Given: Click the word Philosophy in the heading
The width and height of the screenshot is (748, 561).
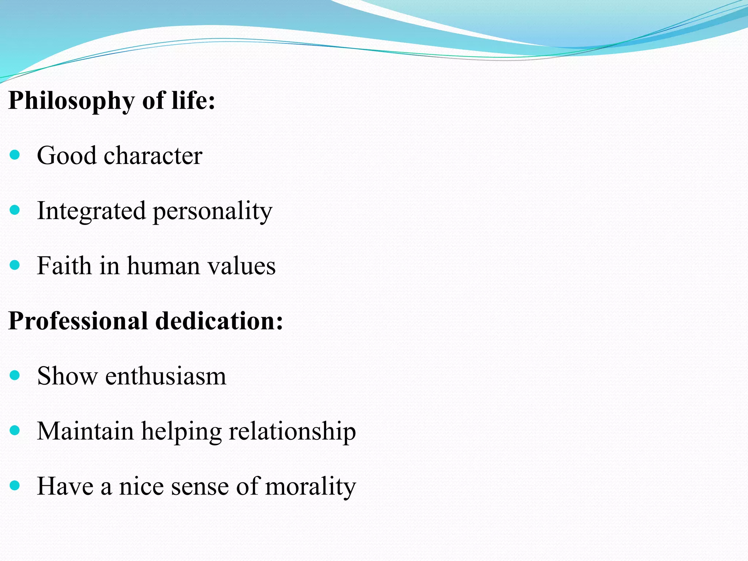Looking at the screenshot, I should coord(71,101).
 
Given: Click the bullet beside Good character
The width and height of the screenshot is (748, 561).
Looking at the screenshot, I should coord(15,156).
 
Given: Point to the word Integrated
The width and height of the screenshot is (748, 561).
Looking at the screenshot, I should coord(91,211).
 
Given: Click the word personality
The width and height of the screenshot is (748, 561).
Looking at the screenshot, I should coord(212,211).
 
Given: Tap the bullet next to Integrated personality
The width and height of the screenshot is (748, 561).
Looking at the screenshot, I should coord(15,210).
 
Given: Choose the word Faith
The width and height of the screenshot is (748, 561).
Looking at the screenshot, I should coord(64,266).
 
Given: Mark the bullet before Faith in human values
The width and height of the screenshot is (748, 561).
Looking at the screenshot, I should coord(15,265).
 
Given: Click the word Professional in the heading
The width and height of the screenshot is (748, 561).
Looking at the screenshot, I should coord(78,321).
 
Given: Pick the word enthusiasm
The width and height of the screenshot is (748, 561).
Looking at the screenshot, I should coord(165,376).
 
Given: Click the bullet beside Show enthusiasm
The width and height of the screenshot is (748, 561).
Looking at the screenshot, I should coord(15,375).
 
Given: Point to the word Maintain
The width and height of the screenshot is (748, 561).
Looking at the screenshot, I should coord(85,431).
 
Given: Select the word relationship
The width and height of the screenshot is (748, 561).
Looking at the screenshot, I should coord(292,432).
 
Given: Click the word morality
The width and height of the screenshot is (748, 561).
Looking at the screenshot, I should coord(310,487).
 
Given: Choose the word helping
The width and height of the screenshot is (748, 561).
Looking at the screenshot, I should coord(181,432).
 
